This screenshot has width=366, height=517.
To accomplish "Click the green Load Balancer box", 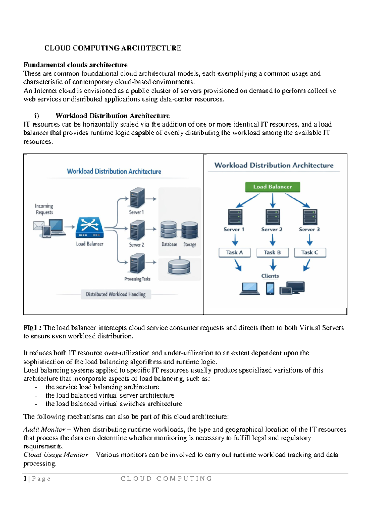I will pyautogui.click(x=272, y=187).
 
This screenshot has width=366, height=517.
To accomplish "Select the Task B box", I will pyautogui.click(x=272, y=252).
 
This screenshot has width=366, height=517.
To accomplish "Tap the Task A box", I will pyautogui.click(x=235, y=252).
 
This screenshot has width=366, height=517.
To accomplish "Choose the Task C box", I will pyautogui.click(x=310, y=252).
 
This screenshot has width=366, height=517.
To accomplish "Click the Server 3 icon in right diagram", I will pyautogui.click(x=310, y=217).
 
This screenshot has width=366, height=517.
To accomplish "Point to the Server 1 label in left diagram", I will pyautogui.click(x=136, y=212).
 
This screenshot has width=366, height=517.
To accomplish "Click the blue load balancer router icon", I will pyautogui.click(x=89, y=227).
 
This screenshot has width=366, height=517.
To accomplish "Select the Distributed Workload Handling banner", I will pyautogui.click(x=116, y=294).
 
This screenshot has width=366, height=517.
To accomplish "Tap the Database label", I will pyautogui.click(x=169, y=244).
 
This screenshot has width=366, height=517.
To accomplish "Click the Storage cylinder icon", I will pyautogui.click(x=190, y=230).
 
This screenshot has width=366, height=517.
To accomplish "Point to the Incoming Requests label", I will pyautogui.click(x=44, y=209).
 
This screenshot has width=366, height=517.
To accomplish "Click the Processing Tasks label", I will pyautogui.click(x=137, y=279).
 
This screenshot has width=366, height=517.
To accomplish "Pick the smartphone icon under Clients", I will pyautogui.click(x=270, y=288).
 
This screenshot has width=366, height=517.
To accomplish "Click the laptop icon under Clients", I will pyautogui.click(x=249, y=289).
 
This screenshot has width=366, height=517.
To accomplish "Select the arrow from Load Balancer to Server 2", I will pyautogui.click(x=273, y=200).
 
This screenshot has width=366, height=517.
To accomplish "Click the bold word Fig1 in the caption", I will pyautogui.click(x=30, y=328).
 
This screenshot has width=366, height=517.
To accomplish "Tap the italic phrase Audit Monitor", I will pyautogui.click(x=44, y=430).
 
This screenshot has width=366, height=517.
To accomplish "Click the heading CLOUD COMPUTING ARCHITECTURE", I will pyautogui.click(x=113, y=48).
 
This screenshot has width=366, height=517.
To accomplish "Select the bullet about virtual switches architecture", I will pyautogui.click(x=113, y=404).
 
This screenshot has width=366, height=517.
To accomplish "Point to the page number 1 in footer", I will pyautogui.click(x=25, y=479).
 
